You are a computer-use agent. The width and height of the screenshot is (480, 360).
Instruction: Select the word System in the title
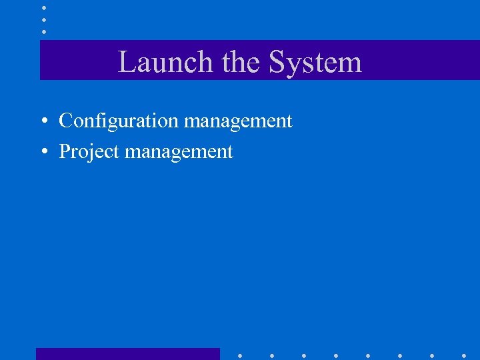[315, 63]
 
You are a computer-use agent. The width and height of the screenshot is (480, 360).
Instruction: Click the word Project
[89, 152]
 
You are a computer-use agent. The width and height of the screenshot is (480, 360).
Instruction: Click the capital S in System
[276, 63]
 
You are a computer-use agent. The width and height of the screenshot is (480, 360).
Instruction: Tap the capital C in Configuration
[65, 121]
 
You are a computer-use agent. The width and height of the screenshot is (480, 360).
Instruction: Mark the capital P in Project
[65, 151]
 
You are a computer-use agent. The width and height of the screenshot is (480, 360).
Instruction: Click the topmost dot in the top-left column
[44, 7]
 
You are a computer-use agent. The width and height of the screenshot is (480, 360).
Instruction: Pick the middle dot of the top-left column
[44, 19]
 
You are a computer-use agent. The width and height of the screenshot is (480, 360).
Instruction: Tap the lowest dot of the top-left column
[44, 31]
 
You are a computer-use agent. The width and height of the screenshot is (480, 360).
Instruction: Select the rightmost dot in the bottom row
[464, 355]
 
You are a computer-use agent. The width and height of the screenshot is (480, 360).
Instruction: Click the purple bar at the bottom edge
[127, 354]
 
